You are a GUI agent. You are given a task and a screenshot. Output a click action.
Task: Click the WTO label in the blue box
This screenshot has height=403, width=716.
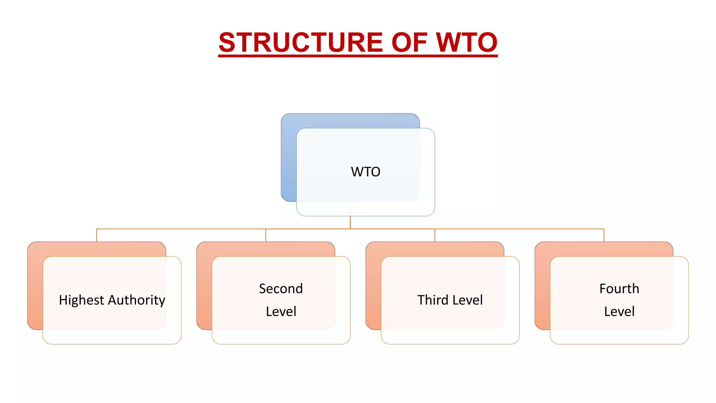tap(365, 172)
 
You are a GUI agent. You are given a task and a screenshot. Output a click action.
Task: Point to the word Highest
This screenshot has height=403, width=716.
tap(81, 300)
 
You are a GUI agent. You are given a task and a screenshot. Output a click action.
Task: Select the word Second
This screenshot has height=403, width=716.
tap(281, 289)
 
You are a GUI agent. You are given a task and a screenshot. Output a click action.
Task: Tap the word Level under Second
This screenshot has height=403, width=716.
tap(281, 311)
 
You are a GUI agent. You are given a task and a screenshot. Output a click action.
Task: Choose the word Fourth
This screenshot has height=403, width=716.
tap(619, 289)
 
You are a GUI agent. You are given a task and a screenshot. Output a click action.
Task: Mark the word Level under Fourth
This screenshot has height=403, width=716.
tap(619, 311)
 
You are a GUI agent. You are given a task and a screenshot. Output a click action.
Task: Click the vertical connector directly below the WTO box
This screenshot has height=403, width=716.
tap(350, 222)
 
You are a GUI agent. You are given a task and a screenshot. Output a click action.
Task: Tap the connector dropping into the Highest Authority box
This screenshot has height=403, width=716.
tap(97, 235)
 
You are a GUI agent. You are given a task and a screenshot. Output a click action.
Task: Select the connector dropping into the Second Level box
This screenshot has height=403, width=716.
tap(266, 235)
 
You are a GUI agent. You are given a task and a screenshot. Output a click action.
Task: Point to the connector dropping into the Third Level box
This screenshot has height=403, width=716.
tap(435, 235)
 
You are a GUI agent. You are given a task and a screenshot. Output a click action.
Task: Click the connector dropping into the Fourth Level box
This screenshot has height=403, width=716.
tap(604, 235)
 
